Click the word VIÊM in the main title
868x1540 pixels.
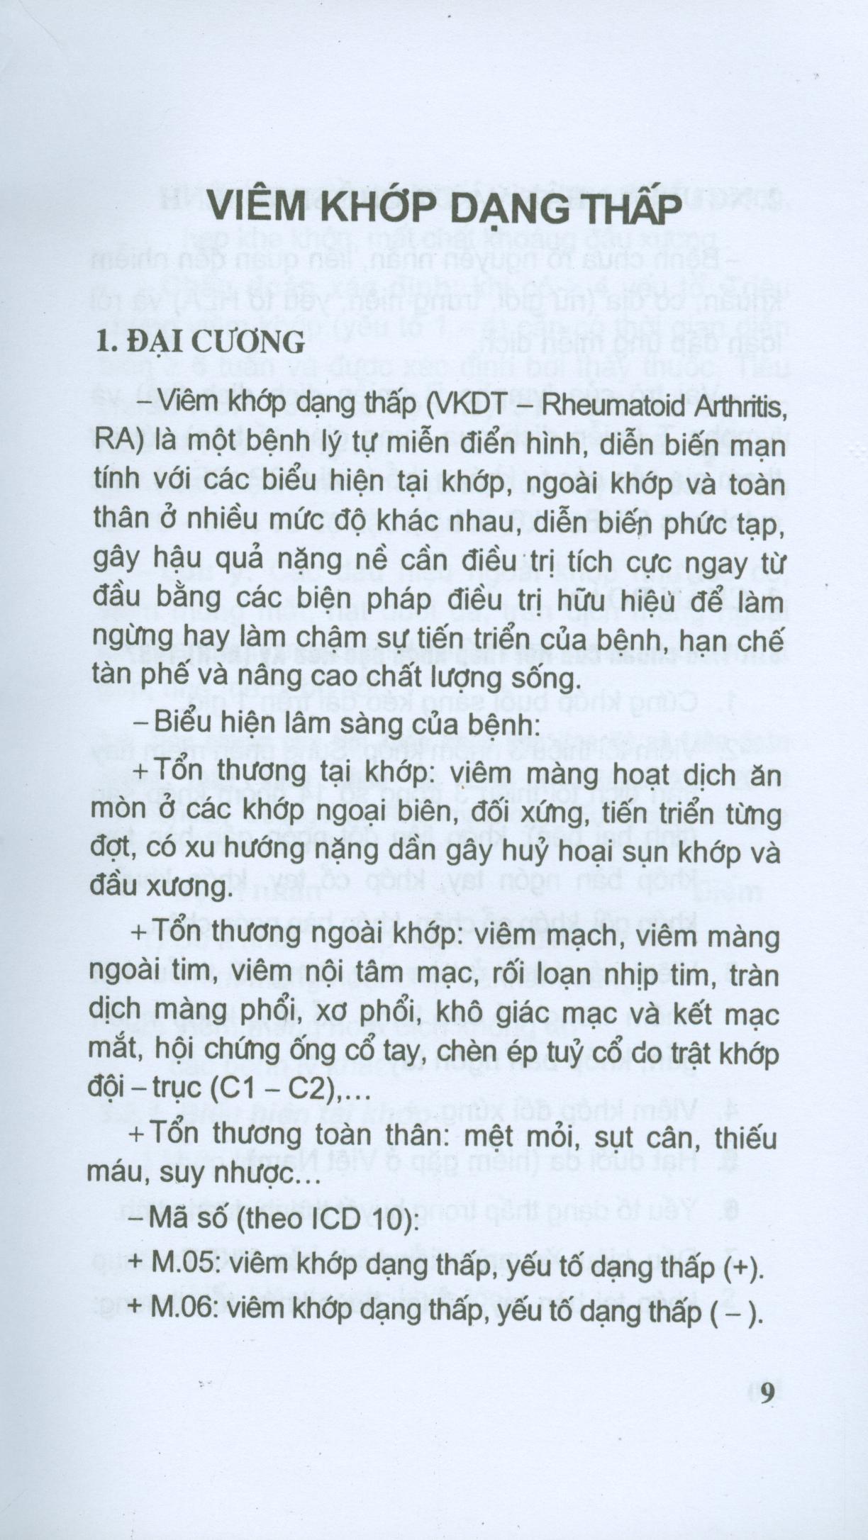[255, 209]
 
